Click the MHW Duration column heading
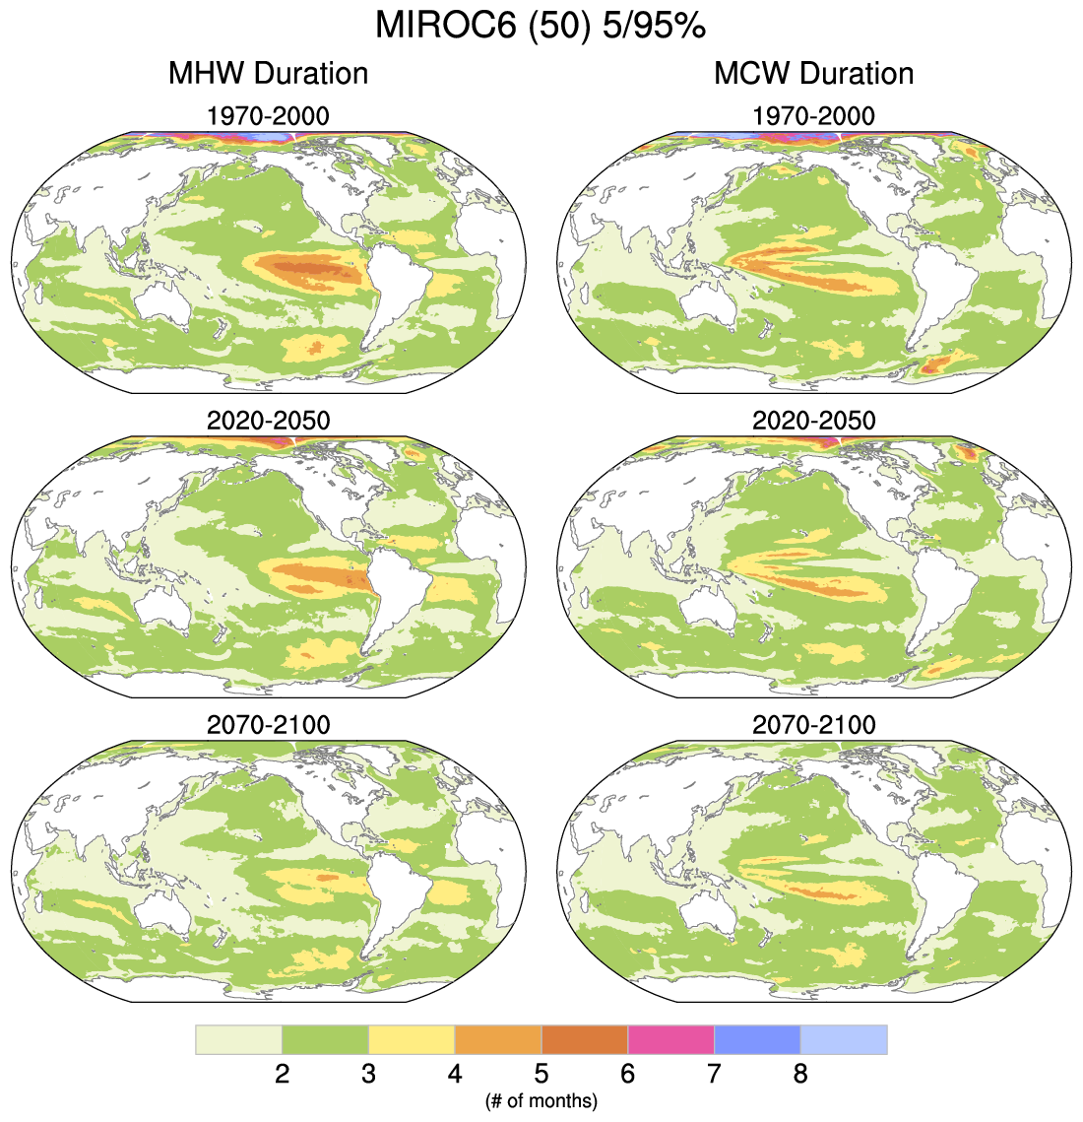pyautogui.click(x=268, y=73)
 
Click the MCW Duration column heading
pyautogui.click(x=813, y=73)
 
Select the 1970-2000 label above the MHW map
pyautogui.click(x=268, y=116)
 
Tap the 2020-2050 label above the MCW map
pyautogui.click(x=813, y=421)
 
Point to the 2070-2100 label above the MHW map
pyautogui.click(x=268, y=725)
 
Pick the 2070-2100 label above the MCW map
pyautogui.click(x=813, y=725)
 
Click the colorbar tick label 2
pyautogui.click(x=282, y=1074)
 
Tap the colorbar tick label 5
pyautogui.click(x=541, y=1074)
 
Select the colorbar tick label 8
pyautogui.click(x=800, y=1074)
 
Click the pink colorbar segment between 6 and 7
pyautogui.click(x=670, y=1039)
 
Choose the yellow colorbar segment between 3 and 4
pyautogui.click(x=412, y=1039)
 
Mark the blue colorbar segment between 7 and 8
pyautogui.click(x=757, y=1039)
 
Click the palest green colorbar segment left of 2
pyautogui.click(x=238, y=1039)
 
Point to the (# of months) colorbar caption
pyautogui.click(x=541, y=1100)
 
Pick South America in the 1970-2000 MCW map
pyautogui.click(x=945, y=286)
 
